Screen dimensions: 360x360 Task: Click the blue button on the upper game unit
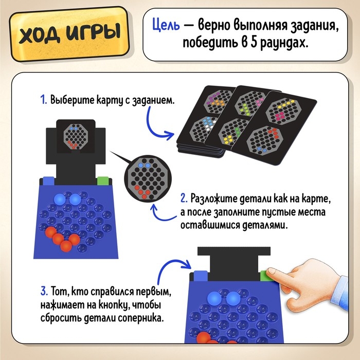click(48, 181)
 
